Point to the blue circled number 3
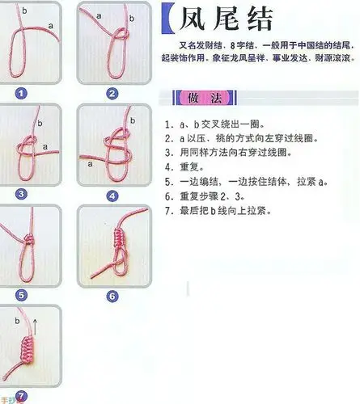(x=21, y=194)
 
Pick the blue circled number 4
(x=112, y=195)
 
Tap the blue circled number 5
(x=21, y=294)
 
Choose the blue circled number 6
(x=112, y=296)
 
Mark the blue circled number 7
(x=21, y=395)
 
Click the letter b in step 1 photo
(x=24, y=11)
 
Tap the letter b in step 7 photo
(x=17, y=321)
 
